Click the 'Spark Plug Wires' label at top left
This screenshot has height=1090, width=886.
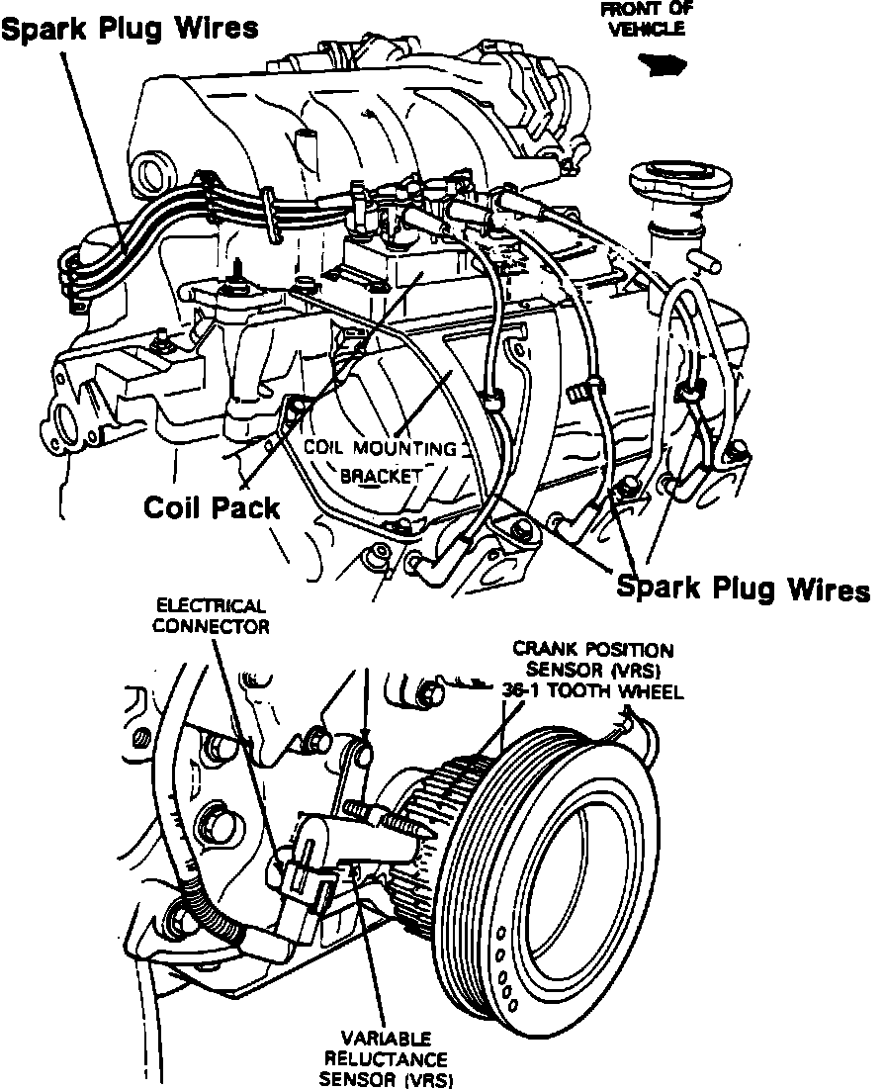pos(131,29)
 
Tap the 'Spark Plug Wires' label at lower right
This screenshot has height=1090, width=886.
pos(743,589)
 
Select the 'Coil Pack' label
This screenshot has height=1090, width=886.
pos(211,507)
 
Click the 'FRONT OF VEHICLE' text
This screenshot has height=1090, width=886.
pos(647,19)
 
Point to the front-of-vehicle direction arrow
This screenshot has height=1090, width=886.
pos(661,65)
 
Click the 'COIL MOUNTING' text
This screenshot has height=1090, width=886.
pos(380,447)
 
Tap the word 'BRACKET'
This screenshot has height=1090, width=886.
pos(381,476)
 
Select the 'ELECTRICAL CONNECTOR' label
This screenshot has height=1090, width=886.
pos(212,615)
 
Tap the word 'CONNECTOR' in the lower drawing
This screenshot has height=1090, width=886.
pos(212,626)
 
